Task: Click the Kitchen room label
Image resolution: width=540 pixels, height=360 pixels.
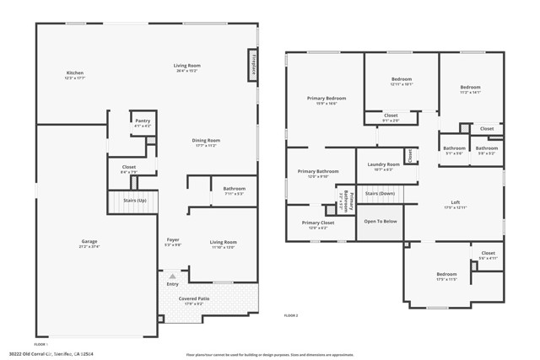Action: click(75, 73)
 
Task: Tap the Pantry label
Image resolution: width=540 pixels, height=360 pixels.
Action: click(143, 121)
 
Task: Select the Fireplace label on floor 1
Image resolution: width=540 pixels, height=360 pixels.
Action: click(252, 65)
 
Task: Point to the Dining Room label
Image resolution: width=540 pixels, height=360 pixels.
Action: click(206, 140)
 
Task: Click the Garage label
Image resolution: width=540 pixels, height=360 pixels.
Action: click(89, 242)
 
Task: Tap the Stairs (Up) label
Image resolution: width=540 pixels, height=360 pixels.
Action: click(135, 201)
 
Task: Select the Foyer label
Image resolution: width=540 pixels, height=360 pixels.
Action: click(172, 240)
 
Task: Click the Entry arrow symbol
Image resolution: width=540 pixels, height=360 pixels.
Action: click(172, 275)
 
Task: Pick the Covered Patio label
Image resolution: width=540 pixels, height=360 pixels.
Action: click(193, 298)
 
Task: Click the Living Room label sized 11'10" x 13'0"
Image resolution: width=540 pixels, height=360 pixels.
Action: click(223, 242)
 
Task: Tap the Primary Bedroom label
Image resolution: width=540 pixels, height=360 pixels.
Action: click(326, 99)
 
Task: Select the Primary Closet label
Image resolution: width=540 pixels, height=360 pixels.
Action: click(317, 223)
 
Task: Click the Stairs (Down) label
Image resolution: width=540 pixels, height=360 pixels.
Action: click(380, 193)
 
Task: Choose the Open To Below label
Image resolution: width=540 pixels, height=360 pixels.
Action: click(380, 221)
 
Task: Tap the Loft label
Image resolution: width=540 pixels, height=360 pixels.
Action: click(455, 201)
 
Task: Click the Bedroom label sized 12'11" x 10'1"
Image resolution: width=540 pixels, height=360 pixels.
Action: click(401, 79)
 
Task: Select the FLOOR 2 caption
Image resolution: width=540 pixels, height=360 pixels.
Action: click(291, 314)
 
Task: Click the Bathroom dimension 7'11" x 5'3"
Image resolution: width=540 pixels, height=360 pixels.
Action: click(234, 194)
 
